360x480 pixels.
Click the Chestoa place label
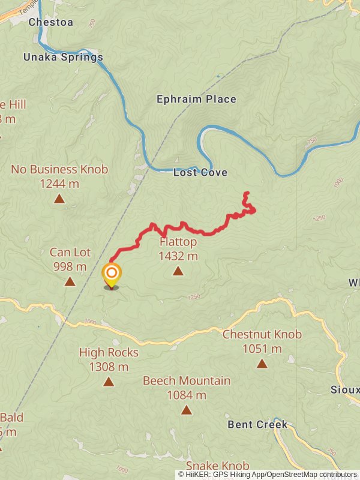coord(51,23)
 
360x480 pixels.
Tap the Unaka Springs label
coord(63,58)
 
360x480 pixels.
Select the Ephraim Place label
coord(196,99)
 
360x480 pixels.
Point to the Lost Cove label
coord(200,173)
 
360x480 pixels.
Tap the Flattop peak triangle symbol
coord(178,271)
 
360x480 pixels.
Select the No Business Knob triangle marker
coord(59,199)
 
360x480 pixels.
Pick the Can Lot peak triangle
coord(70,281)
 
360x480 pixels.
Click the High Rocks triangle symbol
coord(109,382)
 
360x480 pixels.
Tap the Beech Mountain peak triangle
coord(187,410)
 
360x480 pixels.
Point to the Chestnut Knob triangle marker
coord(262,363)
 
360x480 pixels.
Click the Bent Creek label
coord(257,425)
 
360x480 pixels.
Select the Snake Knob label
coord(217,466)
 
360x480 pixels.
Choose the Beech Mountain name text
coord(187,381)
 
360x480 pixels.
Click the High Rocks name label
coord(109,353)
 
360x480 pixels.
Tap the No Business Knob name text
coord(59,170)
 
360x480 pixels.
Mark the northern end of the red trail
coord(246,193)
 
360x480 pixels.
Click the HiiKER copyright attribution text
coord(267,474)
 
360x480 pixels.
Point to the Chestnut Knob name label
coord(262,335)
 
